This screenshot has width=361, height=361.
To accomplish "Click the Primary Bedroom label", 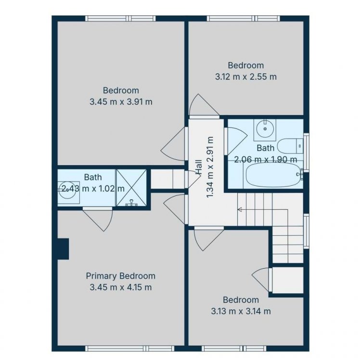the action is point(121,276).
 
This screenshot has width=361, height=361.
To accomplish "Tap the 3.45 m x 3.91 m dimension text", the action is point(121,102).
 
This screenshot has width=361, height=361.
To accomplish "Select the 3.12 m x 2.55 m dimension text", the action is point(246,77).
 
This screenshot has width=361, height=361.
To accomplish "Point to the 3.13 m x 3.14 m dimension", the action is point(241,311).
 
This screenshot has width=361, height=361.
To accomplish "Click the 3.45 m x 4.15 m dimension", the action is point(121,287).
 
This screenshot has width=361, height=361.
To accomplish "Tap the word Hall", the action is point(198,168).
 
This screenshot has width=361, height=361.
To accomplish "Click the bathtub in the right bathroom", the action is point(273,175).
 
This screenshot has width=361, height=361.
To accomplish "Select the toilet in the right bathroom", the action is point(290,146).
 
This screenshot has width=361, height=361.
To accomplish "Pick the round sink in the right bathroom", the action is point(265,130).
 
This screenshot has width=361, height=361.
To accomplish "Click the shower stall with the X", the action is point(131,188).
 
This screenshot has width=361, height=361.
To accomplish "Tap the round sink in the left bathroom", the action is point(68,190).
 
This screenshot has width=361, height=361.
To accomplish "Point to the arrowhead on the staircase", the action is point(239,209).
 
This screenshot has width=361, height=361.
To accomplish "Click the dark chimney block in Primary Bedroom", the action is point(63,249).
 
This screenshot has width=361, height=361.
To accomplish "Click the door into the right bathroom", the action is point(236,141).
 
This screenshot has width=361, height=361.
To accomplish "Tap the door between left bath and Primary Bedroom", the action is point(99,218).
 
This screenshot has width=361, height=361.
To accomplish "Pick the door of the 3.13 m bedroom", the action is point(208,238).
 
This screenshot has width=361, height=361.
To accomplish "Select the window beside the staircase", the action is point(306,231).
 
